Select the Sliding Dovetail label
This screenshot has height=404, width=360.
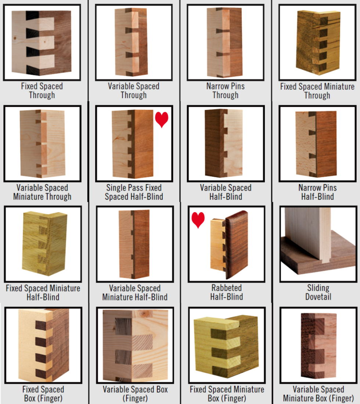pyautogui.click(x=318, y=292)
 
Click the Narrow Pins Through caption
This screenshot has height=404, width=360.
pyautogui.click(x=226, y=90)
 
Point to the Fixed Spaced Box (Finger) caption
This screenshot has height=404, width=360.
pyautogui.click(x=43, y=393)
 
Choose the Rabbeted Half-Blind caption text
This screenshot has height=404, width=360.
pyautogui.click(x=227, y=292)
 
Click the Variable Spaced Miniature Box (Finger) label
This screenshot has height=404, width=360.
pyautogui.click(x=318, y=393)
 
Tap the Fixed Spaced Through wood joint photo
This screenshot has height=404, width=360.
pyautogui.click(x=42, y=43)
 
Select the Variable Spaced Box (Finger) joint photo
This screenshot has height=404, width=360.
pyautogui.click(x=135, y=346)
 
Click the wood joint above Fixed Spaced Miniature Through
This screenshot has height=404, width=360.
pyautogui.click(x=318, y=43)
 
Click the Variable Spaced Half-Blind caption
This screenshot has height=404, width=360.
pyautogui.click(x=226, y=192)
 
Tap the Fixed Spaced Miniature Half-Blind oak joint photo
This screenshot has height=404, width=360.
pyautogui.click(x=45, y=243)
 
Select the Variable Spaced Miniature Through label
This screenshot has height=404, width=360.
pyautogui.click(x=42, y=192)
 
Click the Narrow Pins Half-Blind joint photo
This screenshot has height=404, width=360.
pyautogui.click(x=316, y=144)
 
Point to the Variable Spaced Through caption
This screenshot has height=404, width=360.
pyautogui.click(x=134, y=90)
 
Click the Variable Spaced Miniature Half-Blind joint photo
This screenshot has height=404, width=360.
pyautogui.click(x=134, y=244)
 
